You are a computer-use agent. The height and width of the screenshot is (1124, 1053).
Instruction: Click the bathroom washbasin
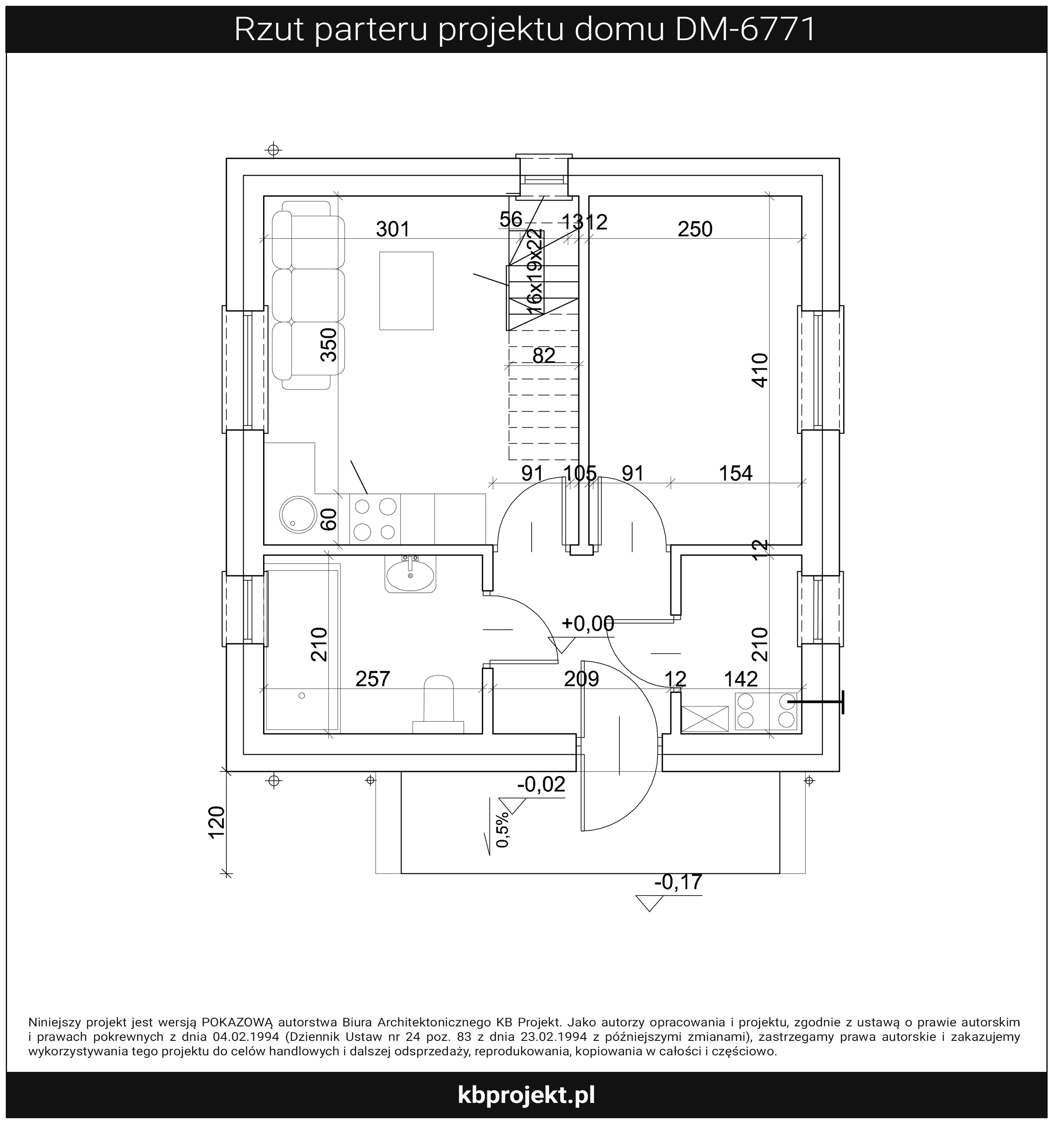click(x=410, y=573)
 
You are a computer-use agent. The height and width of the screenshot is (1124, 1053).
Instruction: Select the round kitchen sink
click(x=297, y=515)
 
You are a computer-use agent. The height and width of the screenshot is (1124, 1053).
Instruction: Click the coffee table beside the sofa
click(x=406, y=290)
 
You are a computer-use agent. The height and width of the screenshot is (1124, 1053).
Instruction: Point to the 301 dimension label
click(x=393, y=230)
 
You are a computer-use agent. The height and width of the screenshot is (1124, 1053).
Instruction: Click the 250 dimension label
click(x=695, y=229)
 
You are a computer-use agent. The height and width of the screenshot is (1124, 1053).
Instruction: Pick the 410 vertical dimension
click(x=760, y=370)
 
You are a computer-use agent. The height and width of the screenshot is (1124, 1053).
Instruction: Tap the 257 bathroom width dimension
click(x=373, y=678)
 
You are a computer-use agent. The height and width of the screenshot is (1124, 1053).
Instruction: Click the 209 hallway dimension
click(x=581, y=678)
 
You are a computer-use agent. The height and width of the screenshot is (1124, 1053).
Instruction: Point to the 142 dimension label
click(x=741, y=678)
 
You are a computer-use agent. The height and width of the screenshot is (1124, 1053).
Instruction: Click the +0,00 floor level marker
click(x=588, y=623)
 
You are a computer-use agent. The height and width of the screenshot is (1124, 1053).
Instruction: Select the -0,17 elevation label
click(x=678, y=882)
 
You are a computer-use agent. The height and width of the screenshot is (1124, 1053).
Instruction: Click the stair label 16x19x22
click(x=535, y=273)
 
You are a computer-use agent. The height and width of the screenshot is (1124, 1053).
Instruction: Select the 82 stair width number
click(x=544, y=356)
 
